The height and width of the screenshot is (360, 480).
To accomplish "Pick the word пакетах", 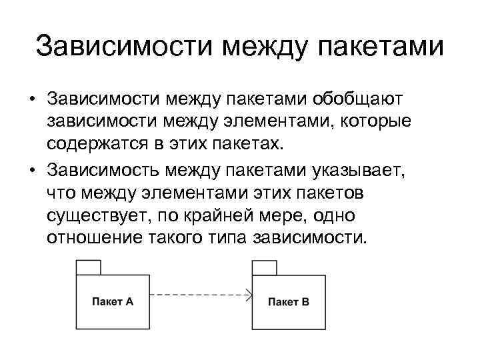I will (x=253, y=145).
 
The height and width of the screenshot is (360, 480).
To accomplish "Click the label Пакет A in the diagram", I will (x=112, y=301).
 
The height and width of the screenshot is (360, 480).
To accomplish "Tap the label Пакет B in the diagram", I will (x=288, y=301).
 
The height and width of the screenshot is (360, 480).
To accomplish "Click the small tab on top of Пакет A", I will (x=89, y=267).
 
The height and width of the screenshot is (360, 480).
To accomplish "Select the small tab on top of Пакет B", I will (x=264, y=267).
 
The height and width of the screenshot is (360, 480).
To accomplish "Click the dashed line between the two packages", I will (x=197, y=294).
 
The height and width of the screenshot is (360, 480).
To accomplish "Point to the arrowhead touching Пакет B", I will (x=249, y=294).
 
